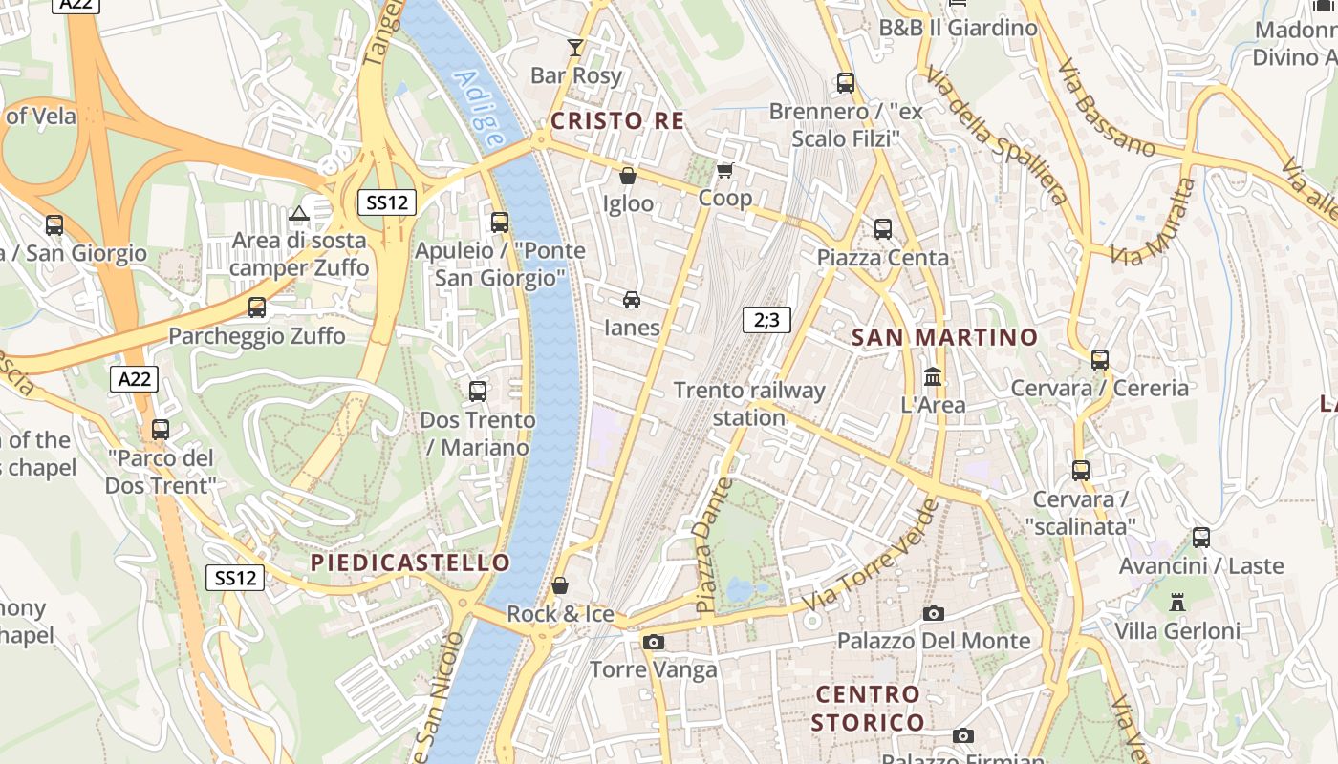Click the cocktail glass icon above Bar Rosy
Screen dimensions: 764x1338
[x=574, y=47]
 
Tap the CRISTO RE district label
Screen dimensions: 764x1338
[x=617, y=120]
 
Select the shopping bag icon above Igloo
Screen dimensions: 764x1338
[x=628, y=176]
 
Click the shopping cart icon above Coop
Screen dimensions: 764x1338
[x=724, y=170]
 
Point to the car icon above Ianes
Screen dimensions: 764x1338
[x=632, y=300]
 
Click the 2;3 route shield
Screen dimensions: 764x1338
[x=766, y=320]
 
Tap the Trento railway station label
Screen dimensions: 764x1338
[x=748, y=404]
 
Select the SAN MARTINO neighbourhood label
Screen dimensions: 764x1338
[x=943, y=337]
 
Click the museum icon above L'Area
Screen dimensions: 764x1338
[x=933, y=376]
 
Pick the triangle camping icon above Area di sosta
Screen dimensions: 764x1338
[x=299, y=213]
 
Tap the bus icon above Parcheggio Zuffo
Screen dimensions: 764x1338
[x=256, y=308]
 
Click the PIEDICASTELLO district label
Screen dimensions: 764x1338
[x=410, y=562]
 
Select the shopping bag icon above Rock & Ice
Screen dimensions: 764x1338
[x=560, y=585]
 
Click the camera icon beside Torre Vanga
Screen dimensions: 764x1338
[x=654, y=642]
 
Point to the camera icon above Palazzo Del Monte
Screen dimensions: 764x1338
[x=934, y=613]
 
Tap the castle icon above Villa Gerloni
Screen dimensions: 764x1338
[x=1176, y=603]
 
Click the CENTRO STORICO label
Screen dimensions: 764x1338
[x=868, y=708]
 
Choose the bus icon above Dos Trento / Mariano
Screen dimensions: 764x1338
[x=478, y=391]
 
